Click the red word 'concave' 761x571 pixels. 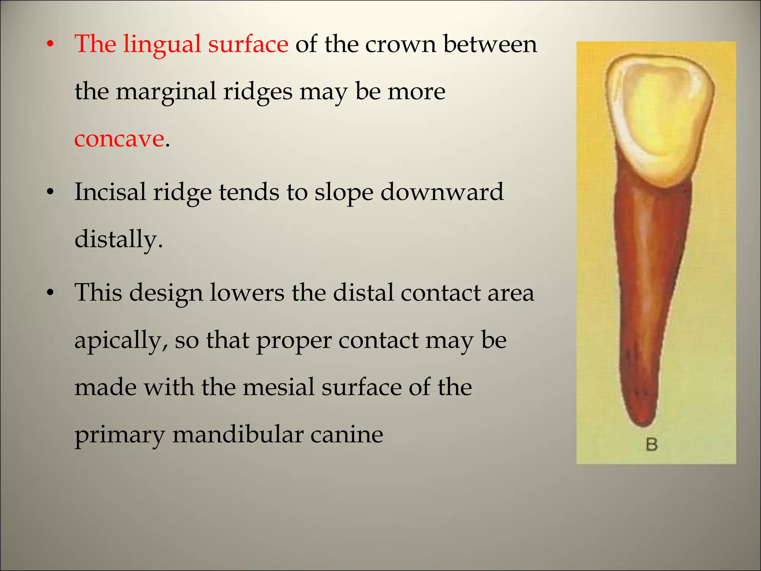point(119,139)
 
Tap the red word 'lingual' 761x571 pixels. point(162,45)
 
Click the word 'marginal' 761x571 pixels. point(166,92)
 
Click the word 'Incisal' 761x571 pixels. point(110,192)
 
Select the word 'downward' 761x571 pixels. point(442,192)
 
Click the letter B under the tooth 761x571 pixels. point(652,445)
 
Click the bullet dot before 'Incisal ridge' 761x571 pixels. point(51,193)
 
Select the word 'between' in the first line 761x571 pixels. point(490,44)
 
